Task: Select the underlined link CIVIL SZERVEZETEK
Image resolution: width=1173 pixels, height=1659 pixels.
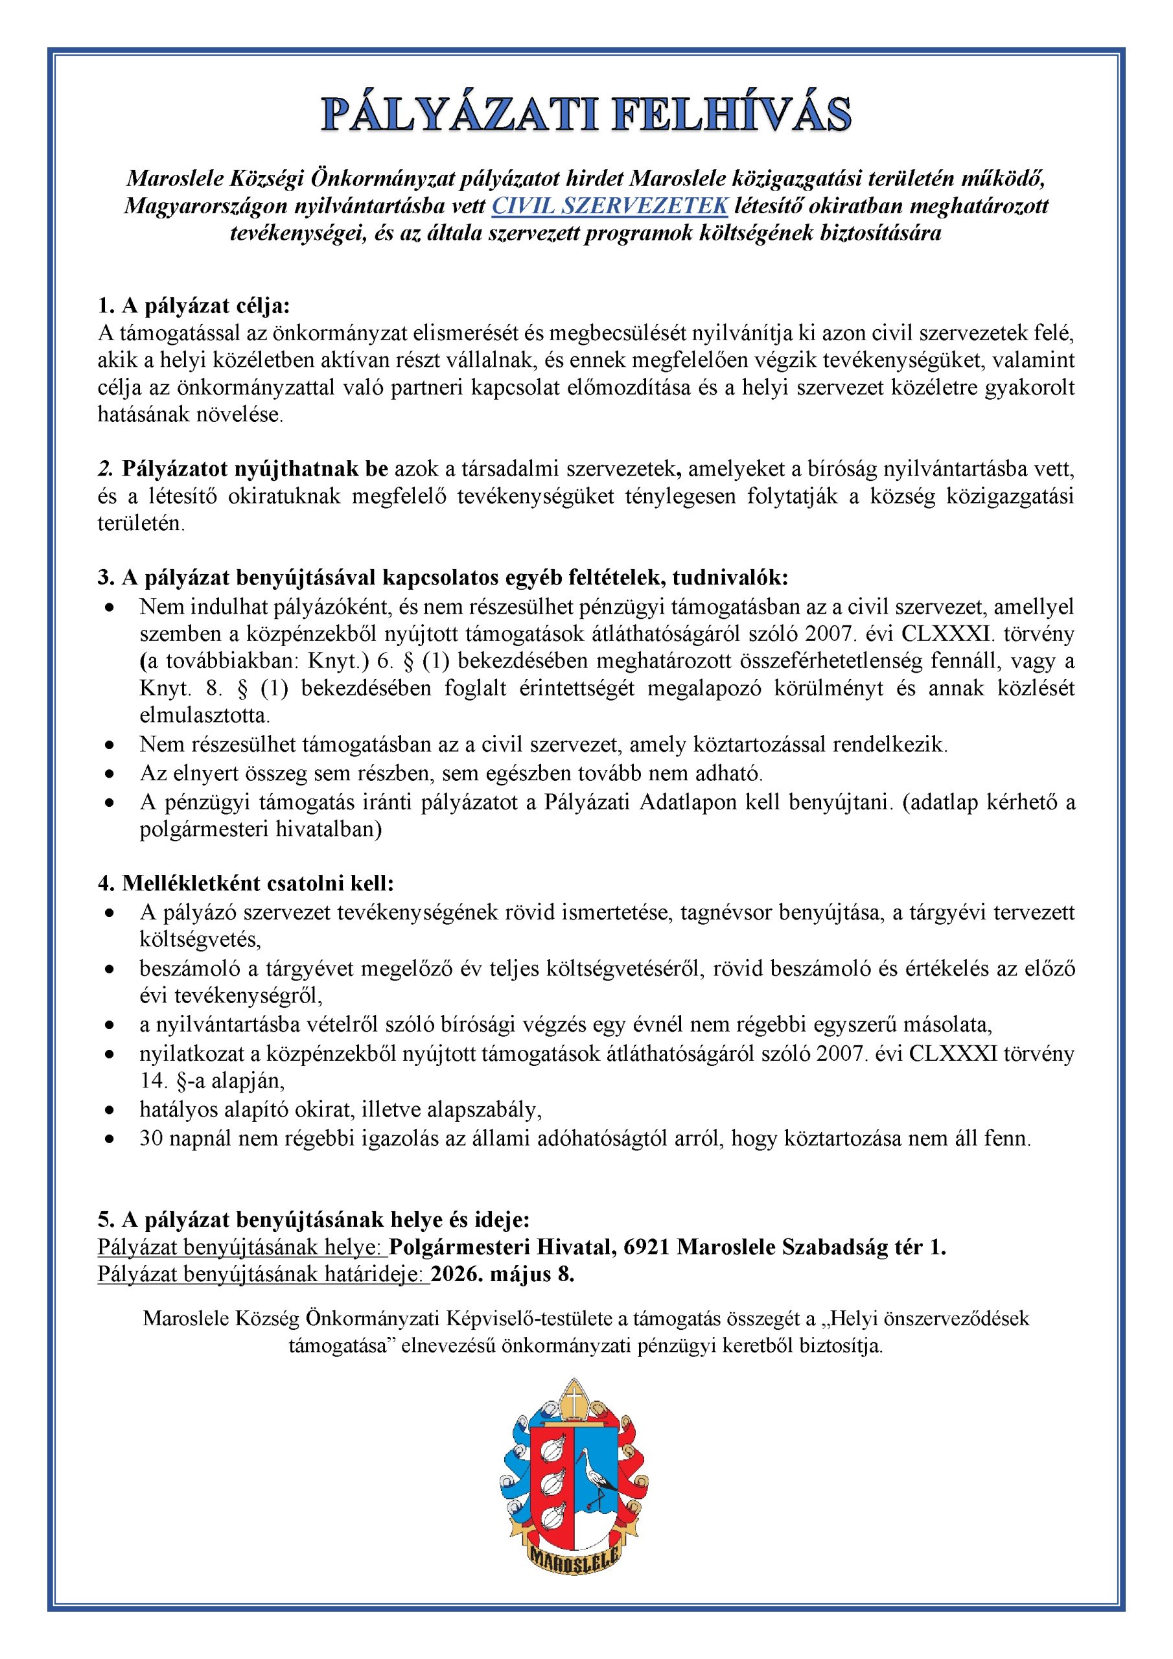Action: (609, 206)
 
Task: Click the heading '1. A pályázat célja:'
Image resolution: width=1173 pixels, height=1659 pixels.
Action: (194, 306)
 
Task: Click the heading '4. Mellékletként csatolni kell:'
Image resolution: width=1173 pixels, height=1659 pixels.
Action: (246, 883)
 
